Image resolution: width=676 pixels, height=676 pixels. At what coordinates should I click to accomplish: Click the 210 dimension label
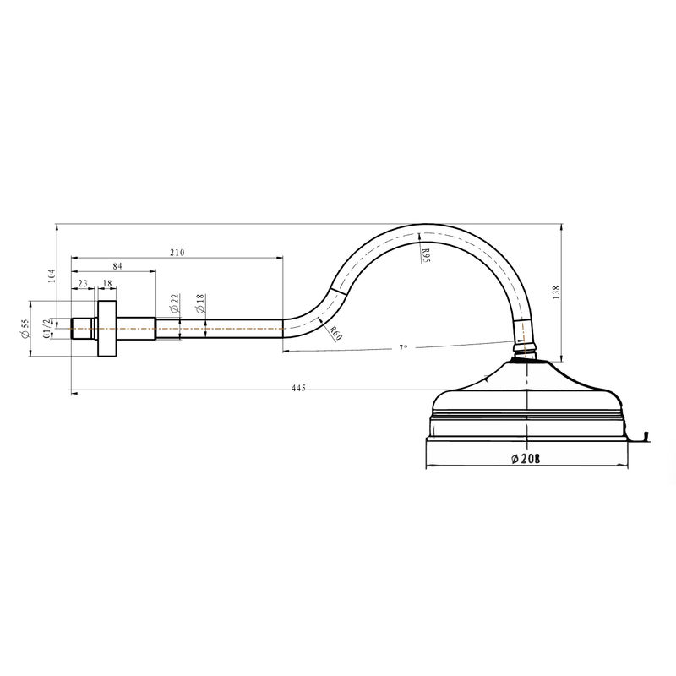(177, 252)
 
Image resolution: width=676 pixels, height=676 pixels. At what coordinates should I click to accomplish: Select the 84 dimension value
(117, 266)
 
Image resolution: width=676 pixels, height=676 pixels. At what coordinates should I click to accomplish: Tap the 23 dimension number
(83, 283)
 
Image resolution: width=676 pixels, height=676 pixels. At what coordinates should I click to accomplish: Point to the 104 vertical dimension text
(52, 276)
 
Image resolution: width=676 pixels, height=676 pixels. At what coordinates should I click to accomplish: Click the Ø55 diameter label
(25, 329)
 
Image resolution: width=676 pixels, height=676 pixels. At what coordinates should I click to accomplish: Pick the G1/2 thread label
(46, 329)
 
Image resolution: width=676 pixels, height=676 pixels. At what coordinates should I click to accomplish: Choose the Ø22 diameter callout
(174, 303)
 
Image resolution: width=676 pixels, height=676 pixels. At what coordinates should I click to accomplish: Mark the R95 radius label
(426, 255)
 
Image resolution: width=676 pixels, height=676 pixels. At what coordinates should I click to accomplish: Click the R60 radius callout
(335, 333)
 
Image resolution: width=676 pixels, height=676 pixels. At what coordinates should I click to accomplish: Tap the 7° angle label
(403, 348)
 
